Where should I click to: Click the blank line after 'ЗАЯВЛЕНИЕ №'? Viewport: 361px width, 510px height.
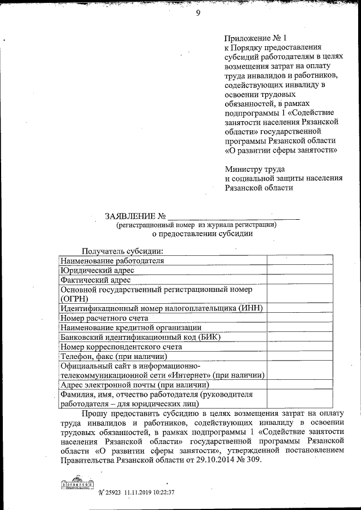(x=234, y=217)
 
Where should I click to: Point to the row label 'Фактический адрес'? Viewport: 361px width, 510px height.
(x=95, y=280)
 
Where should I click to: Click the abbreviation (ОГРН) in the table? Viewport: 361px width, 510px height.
(x=76, y=298)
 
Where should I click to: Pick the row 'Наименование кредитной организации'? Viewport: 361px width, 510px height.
(x=130, y=328)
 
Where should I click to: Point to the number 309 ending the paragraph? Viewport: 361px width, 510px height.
(x=253, y=461)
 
